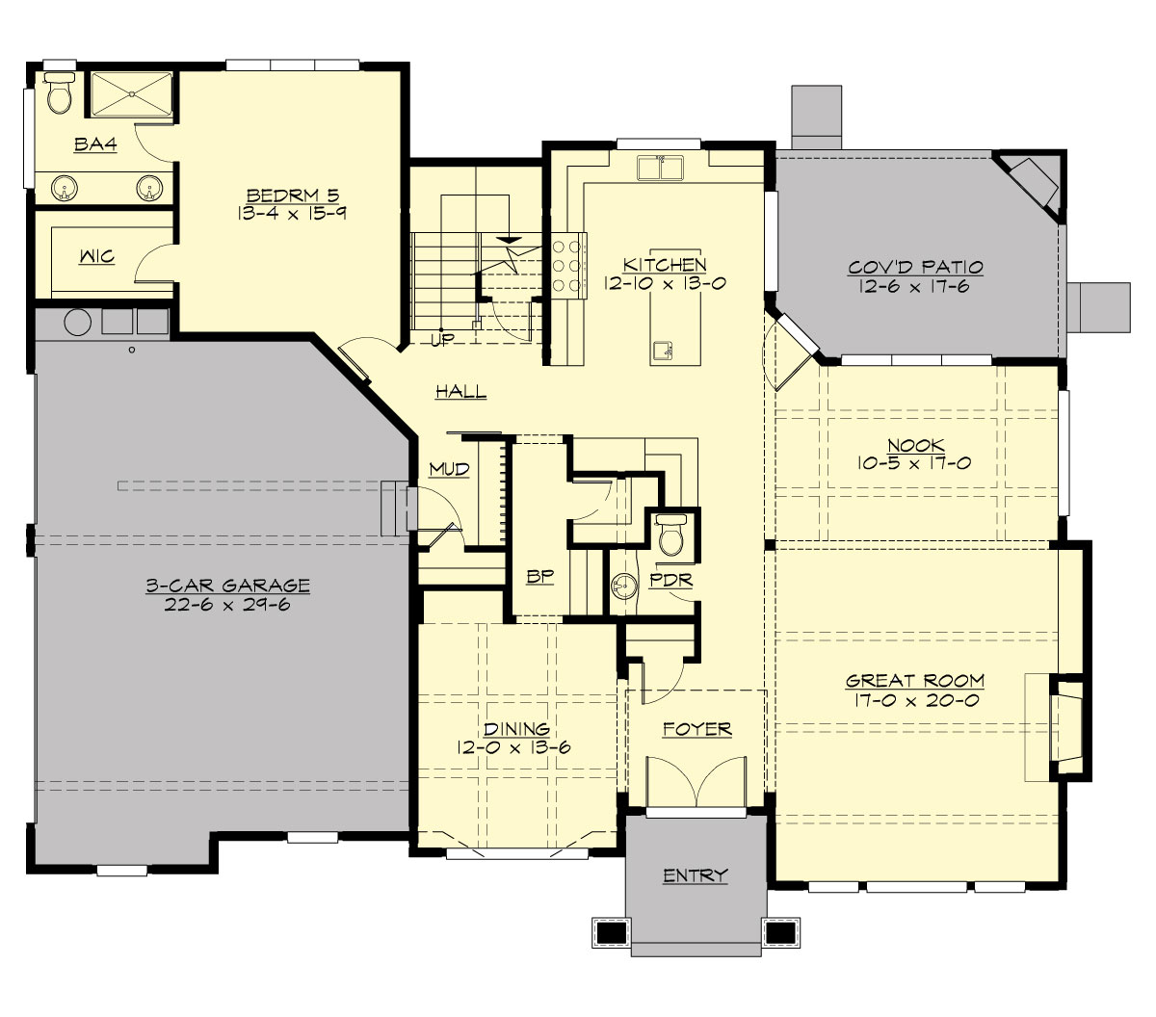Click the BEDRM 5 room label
click(x=292, y=196)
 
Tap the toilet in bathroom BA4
click(x=60, y=94)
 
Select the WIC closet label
click(x=96, y=256)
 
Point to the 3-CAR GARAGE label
click(x=227, y=586)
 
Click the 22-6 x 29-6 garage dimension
click(x=227, y=605)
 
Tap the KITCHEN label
click(x=664, y=265)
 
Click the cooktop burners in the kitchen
click(x=567, y=262)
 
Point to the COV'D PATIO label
click(x=915, y=268)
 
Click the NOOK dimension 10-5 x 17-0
click(x=914, y=463)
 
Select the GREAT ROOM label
click(x=915, y=681)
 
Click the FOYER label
click(x=696, y=729)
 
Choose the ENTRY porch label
click(x=696, y=875)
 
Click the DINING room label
click(x=516, y=729)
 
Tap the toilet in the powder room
click(x=670, y=536)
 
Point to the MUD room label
click(x=449, y=469)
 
